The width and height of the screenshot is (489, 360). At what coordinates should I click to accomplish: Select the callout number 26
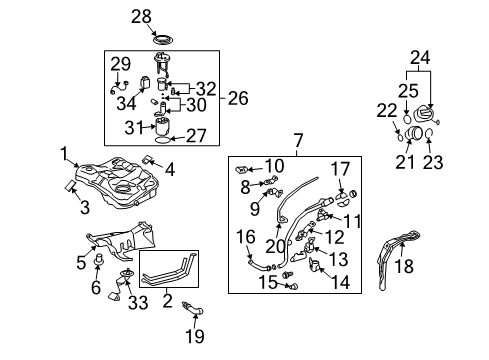[237, 98]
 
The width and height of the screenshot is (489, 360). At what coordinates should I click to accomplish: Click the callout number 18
[403, 268]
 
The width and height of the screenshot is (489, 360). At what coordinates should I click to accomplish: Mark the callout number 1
[63, 154]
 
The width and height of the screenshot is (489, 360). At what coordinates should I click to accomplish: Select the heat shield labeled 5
[125, 243]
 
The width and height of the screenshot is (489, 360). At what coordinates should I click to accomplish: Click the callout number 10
[276, 164]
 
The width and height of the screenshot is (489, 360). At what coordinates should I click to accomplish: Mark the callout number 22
[387, 110]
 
